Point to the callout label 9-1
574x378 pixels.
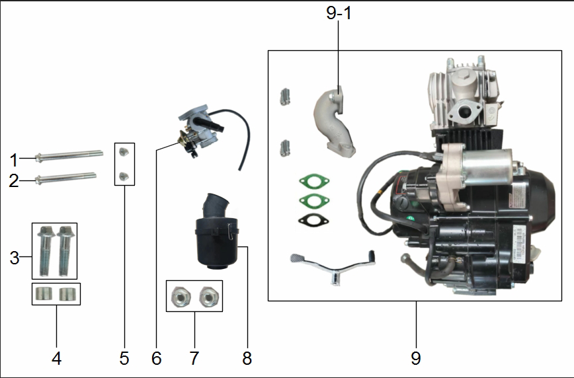coord(339,15)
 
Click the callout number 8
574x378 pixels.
coord(247,358)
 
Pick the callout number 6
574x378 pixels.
coord(156,358)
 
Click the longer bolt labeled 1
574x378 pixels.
coord(69,156)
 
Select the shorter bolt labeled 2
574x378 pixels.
coord(65,177)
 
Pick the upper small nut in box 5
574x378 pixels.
coord(124,153)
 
